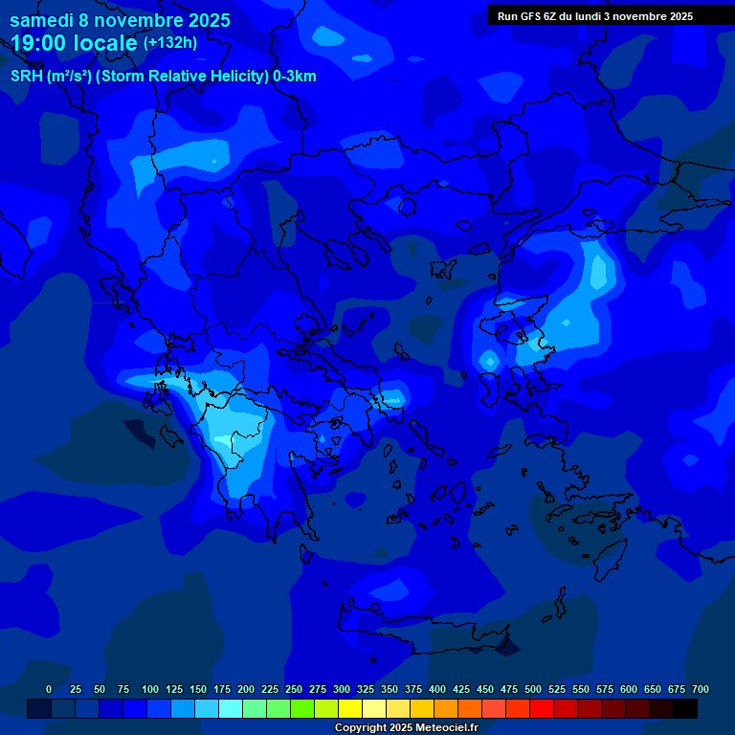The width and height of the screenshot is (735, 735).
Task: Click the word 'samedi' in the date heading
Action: (44, 19)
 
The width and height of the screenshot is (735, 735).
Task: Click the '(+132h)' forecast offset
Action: (169, 43)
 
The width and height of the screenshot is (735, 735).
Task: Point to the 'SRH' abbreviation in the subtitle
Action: (27, 77)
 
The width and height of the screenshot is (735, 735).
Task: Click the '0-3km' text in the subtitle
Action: (295, 77)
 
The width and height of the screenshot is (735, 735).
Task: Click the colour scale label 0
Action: (49, 689)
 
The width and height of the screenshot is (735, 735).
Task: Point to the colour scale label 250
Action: (294, 689)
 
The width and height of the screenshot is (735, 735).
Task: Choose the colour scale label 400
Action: (437, 689)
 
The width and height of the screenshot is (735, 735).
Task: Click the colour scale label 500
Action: (533, 689)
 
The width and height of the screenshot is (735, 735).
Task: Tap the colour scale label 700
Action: (701, 689)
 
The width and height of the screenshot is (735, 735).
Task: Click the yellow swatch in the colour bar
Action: (350, 708)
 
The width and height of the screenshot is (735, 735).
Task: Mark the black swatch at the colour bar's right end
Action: (685, 708)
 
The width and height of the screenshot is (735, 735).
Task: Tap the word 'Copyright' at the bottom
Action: (361, 727)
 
